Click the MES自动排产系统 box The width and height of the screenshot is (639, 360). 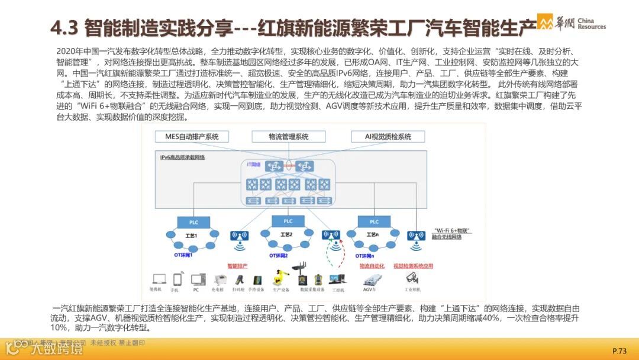(x=188, y=137)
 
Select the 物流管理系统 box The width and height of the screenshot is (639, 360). (x=288, y=137)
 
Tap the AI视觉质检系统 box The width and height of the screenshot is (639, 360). (x=389, y=137)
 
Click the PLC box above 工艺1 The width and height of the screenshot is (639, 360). (x=195, y=223)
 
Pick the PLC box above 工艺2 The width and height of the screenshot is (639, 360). (x=288, y=221)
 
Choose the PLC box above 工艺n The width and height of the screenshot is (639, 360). (x=374, y=222)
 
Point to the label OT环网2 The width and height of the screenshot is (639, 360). (x=279, y=256)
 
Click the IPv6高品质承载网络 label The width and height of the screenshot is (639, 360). (x=182, y=157)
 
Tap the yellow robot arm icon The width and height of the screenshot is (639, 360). (x=279, y=278)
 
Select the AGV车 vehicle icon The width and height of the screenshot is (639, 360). (x=370, y=279)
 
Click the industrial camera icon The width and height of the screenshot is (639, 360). (x=412, y=278)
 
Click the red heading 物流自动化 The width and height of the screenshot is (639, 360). (x=372, y=266)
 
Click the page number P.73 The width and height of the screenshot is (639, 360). (x=619, y=351)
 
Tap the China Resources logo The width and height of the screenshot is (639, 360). (x=572, y=22)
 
